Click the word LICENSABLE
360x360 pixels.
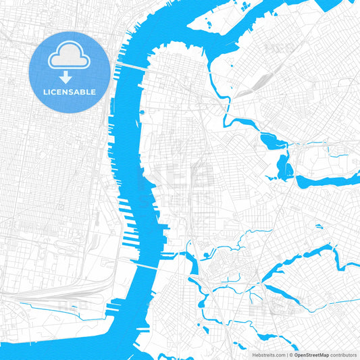click(70, 91)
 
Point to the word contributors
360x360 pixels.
click(344, 354)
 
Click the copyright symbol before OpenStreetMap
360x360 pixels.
click(291, 354)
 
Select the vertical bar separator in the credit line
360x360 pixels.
click(286, 354)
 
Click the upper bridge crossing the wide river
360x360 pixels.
click(132, 66)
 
